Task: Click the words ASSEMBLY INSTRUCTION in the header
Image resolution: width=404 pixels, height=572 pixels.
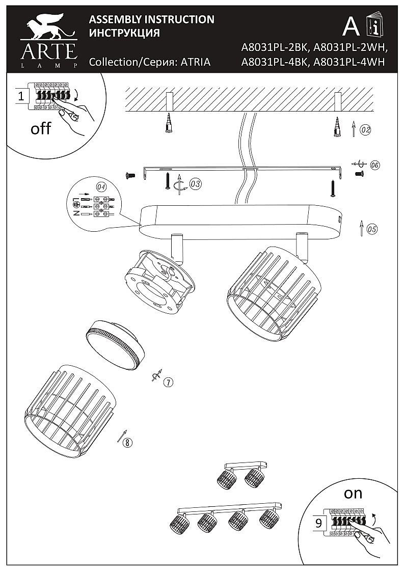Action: (151, 20)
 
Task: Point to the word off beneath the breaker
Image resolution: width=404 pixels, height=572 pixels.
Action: (41, 128)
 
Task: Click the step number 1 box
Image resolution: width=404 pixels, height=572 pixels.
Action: (21, 95)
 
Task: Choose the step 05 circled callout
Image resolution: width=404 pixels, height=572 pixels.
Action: (372, 229)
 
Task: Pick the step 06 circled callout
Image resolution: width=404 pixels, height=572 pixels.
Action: (374, 165)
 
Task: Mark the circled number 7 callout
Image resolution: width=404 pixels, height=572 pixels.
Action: (169, 382)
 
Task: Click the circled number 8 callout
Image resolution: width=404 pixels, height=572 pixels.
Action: (127, 442)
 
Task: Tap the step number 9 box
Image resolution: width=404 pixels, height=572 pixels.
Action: (318, 523)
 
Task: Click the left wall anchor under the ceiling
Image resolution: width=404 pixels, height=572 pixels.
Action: (169, 124)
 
